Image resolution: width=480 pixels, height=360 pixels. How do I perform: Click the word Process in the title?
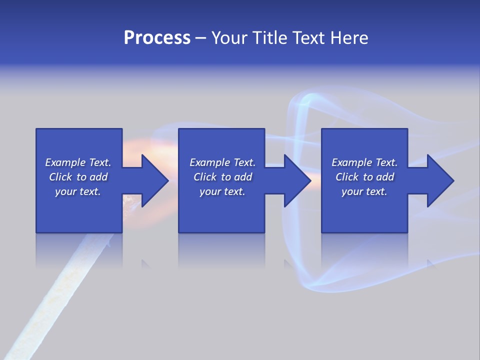point(157,38)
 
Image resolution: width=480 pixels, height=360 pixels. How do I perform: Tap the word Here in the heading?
point(348,38)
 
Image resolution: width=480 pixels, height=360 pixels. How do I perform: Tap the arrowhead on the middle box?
point(297,180)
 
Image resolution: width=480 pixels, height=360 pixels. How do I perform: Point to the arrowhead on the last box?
point(440,180)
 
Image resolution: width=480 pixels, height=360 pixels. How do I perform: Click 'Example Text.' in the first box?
point(78,162)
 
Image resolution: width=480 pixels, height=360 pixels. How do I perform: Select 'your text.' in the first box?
point(78,191)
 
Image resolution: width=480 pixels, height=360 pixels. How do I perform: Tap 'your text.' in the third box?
point(364,191)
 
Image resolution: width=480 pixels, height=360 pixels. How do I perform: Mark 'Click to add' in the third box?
point(364,177)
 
